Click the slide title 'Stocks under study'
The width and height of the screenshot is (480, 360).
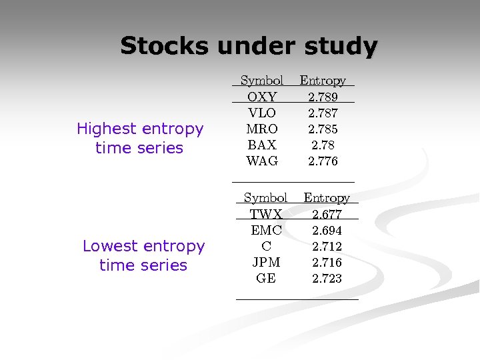pyautogui.click(x=249, y=46)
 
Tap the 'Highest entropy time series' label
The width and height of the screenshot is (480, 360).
pyautogui.click(x=139, y=138)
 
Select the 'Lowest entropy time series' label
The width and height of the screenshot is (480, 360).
pyautogui.click(x=143, y=255)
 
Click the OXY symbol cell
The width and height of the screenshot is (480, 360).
pyautogui.click(x=262, y=97)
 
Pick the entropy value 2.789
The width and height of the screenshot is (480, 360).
pyautogui.click(x=323, y=97)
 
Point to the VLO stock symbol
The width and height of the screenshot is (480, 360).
pyautogui.click(x=262, y=113)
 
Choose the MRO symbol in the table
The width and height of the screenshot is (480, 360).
pyautogui.click(x=262, y=129)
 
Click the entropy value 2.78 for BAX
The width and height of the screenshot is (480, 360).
pyautogui.click(x=323, y=145)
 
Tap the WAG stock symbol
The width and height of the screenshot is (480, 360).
pyautogui.click(x=262, y=161)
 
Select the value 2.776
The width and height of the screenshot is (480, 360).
pyautogui.click(x=323, y=161)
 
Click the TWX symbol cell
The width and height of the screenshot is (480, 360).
pyautogui.click(x=266, y=215)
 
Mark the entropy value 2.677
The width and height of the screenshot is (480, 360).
pyautogui.click(x=327, y=215)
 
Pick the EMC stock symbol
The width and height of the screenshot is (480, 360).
pyautogui.click(x=266, y=231)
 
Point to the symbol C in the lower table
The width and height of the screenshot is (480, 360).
pyautogui.click(x=266, y=247)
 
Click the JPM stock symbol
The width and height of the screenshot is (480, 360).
pyautogui.click(x=266, y=263)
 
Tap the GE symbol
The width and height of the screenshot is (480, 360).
pyautogui.click(x=266, y=279)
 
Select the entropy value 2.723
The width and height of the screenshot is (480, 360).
pyautogui.click(x=327, y=279)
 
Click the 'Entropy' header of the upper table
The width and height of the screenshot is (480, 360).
pyautogui.click(x=323, y=81)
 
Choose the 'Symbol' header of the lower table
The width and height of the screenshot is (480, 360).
pyautogui.click(x=265, y=198)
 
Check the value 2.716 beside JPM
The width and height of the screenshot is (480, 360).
pyautogui.click(x=327, y=263)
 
